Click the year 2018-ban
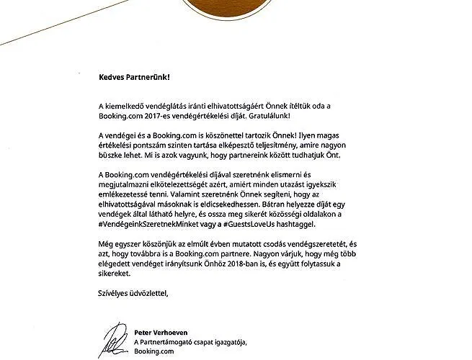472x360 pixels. point(274,265)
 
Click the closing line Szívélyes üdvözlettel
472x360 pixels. point(136,293)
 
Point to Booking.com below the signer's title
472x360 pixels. point(155,351)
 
